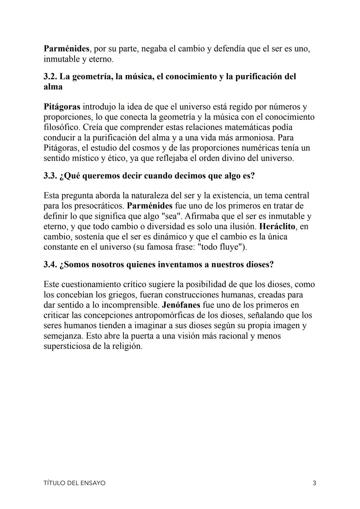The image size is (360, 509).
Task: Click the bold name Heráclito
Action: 277,227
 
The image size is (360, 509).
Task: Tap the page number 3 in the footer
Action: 314,483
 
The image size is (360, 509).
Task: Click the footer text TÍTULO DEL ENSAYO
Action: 74,483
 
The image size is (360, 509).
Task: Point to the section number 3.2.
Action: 50,77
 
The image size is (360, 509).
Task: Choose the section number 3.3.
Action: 50,176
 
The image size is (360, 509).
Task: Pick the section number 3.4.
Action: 50,265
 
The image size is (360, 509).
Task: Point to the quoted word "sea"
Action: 172,216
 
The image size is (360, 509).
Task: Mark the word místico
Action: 85,158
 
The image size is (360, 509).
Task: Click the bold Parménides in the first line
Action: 66,49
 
